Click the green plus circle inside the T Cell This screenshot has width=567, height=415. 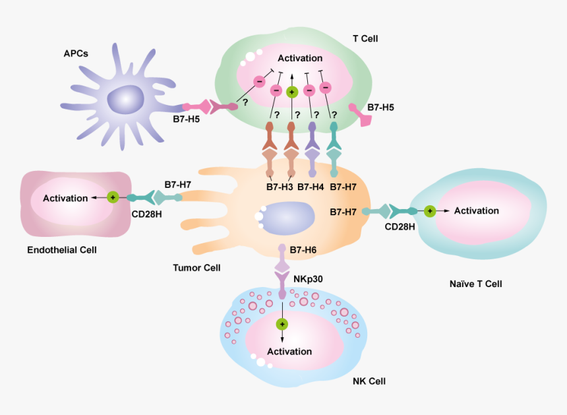pos(292,92)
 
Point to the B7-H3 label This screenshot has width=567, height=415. pos(280,187)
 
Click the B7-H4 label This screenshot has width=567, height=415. pos(311,187)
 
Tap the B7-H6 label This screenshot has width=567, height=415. pos(303,249)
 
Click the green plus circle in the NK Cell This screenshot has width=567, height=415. pos(282,324)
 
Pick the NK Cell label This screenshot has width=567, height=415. pos(368,381)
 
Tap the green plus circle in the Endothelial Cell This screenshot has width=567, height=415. pos(113,197)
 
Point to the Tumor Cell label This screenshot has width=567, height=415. pos(196,268)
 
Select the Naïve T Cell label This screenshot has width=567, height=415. pos(475,284)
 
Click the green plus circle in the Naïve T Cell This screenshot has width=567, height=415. pos(429,211)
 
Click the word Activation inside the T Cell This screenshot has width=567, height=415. pos(300,58)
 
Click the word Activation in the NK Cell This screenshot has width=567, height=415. pos(289,351)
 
